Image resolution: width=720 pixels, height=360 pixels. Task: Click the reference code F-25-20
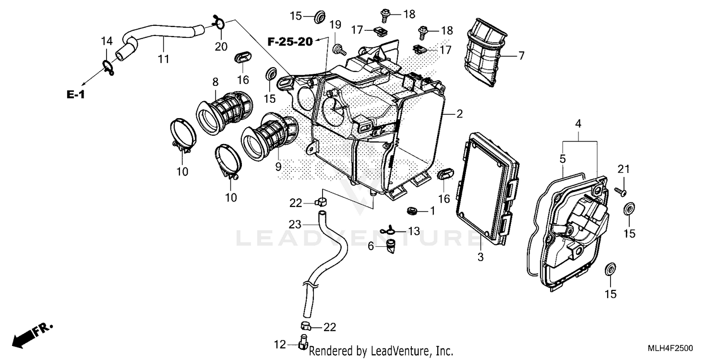coord(289,42)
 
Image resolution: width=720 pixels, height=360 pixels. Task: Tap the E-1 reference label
coord(75,95)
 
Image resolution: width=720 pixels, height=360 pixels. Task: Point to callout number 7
coord(521,56)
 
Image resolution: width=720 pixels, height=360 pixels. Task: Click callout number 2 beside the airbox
coord(459,114)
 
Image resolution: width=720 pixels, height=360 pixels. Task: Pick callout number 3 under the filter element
coord(480,258)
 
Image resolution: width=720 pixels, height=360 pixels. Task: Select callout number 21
coord(623,169)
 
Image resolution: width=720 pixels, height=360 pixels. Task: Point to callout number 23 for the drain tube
coord(295,224)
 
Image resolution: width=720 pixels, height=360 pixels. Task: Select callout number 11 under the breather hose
coord(164,59)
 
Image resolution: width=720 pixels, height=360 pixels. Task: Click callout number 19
coord(335,24)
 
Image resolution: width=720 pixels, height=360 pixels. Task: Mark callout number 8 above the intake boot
coord(215,82)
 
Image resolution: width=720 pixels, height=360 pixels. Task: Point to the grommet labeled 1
coord(411,210)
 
